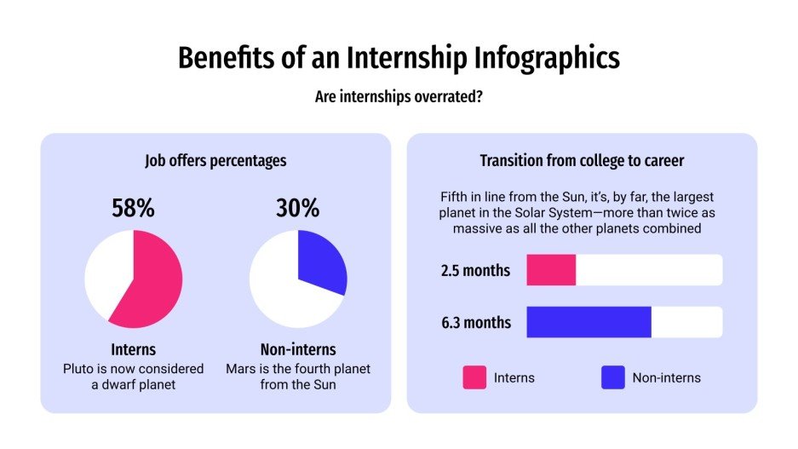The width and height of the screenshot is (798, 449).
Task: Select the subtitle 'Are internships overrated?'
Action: [x=399, y=97]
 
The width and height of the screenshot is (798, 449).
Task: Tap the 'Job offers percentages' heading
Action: [x=215, y=160]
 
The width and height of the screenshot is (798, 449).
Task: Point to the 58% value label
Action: [x=134, y=208]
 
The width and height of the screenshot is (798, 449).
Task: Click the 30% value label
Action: [x=298, y=208]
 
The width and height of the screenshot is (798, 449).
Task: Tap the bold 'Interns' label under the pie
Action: [x=134, y=349]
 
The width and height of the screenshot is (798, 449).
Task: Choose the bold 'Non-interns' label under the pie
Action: [x=298, y=349]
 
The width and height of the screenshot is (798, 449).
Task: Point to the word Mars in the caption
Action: [x=242, y=369]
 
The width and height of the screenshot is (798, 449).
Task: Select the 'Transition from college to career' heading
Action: [x=582, y=160]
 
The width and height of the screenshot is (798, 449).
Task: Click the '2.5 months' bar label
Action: [x=475, y=271]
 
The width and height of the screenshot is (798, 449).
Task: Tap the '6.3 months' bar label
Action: [x=475, y=322]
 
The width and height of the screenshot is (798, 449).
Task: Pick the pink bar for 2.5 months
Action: [x=551, y=270]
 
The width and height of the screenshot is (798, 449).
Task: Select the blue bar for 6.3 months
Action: [x=588, y=322]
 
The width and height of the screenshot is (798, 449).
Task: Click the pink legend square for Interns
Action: [x=474, y=377]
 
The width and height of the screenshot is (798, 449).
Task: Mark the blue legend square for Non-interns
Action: [x=613, y=377]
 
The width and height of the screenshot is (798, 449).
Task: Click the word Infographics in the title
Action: [x=546, y=57]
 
